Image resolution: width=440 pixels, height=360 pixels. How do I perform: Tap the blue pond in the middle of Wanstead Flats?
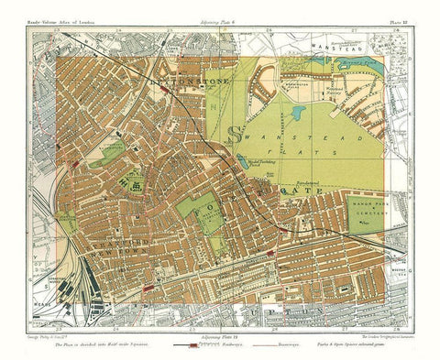click(x=298, y=115)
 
